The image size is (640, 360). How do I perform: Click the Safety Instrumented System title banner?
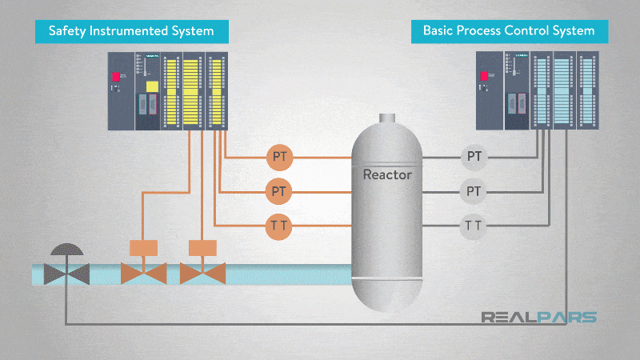click(x=131, y=31)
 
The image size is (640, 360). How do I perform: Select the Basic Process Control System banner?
click(x=509, y=31)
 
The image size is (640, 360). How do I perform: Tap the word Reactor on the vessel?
click(x=387, y=174)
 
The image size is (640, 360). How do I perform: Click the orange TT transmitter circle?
click(x=279, y=226)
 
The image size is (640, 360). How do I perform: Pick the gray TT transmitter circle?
click(x=474, y=226)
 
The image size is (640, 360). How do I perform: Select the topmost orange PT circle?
click(x=279, y=157)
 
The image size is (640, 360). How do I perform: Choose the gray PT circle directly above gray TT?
click(x=474, y=192)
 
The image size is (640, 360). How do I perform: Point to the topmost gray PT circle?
click(x=474, y=157)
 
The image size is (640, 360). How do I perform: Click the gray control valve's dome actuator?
click(x=66, y=249)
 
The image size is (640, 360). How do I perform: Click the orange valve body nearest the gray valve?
click(x=143, y=274)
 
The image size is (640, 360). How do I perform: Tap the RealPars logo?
click(x=538, y=317)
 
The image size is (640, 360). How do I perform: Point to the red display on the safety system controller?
click(x=116, y=76)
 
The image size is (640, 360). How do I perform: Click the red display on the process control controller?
click(x=483, y=76)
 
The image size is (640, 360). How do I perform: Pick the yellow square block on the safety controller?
click(x=152, y=86)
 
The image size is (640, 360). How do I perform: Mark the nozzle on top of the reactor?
click(x=387, y=118)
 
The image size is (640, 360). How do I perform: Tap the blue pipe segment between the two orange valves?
click(x=173, y=274)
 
